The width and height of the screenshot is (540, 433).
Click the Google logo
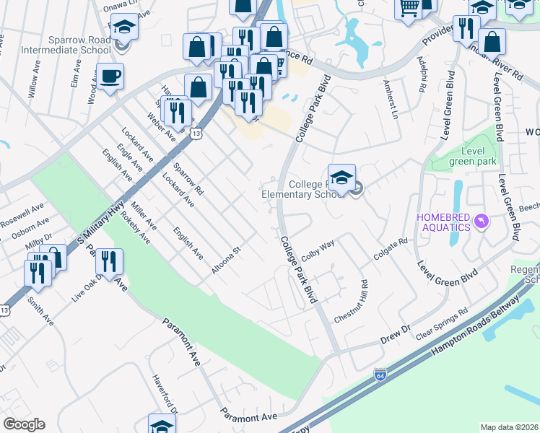pyautogui.click(x=24, y=424)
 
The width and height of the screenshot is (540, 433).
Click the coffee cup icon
pyautogui.click(x=110, y=76)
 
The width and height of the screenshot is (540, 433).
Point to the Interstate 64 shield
pyautogui.click(x=380, y=375)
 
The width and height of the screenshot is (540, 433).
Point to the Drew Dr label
pyautogui.click(x=396, y=333)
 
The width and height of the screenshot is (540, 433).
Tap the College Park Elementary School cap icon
pyautogui.click(x=341, y=177)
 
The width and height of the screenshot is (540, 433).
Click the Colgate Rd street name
pyautogui.click(x=391, y=250)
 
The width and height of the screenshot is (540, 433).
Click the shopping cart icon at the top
pyautogui.click(x=409, y=7)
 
